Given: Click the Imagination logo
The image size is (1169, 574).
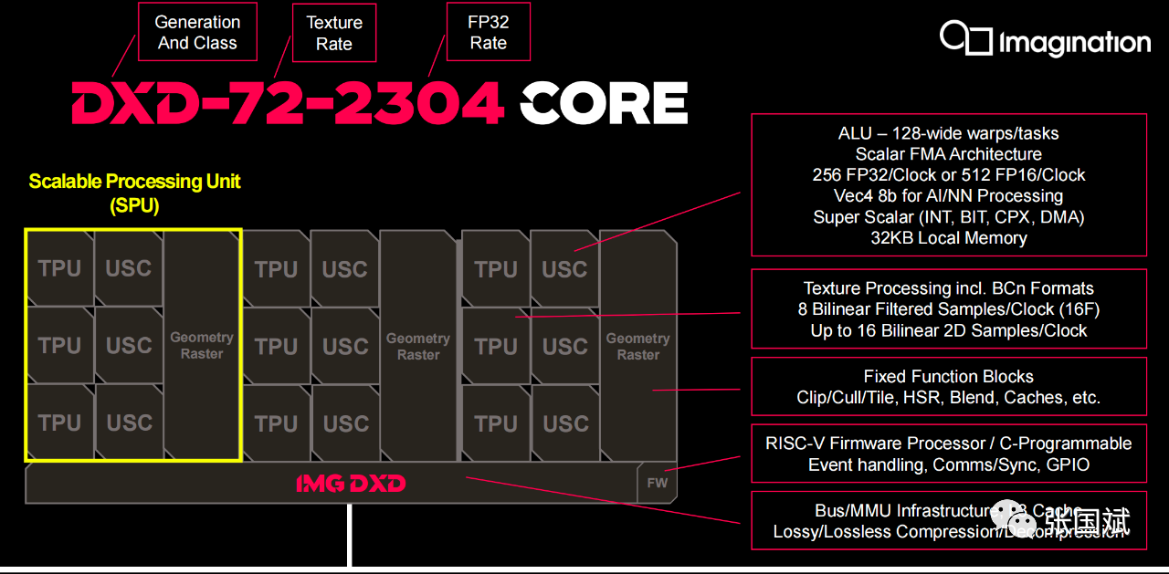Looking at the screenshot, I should point(1045,41).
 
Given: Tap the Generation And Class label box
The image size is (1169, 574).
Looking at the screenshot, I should point(197,32).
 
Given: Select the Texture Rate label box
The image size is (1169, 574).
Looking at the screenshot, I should point(333,33).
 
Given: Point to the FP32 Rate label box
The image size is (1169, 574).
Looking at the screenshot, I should point(488,33).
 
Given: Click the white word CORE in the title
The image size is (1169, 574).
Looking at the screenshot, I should point(604,103).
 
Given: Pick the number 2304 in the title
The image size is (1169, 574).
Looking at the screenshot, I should point(420,103).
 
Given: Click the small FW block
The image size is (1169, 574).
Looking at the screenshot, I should point(657,483).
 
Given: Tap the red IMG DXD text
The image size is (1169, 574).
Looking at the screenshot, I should point(351,483).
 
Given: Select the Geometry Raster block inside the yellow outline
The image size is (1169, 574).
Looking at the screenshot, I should point(202,345).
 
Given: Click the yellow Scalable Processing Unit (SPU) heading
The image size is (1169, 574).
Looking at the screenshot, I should point(134,193).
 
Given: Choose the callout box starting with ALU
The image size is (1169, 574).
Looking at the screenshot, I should point(948,185).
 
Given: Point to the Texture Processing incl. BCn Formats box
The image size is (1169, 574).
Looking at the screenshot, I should point(948,309).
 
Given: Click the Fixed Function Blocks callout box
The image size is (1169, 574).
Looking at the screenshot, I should point(948,387).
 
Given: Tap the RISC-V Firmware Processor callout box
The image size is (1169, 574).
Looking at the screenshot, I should point(948,454).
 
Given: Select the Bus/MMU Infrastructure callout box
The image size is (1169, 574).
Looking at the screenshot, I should point(948,521).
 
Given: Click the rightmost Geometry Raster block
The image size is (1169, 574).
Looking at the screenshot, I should point(637,346).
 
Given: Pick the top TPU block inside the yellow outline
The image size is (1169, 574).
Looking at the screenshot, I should point(59,268).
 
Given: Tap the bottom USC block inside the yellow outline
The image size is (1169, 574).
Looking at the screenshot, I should point(129,423).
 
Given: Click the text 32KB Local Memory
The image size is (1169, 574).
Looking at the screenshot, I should point(948,238).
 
